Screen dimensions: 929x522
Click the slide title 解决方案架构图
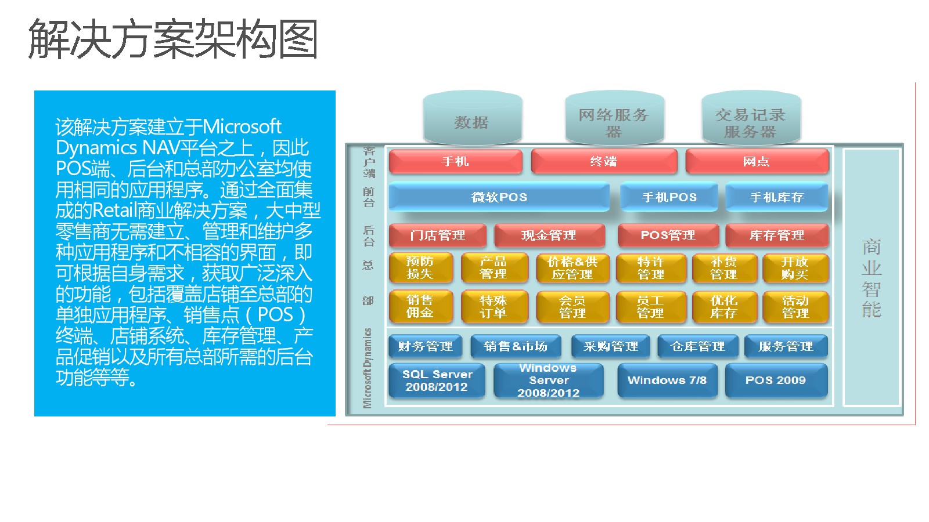(x=172, y=39)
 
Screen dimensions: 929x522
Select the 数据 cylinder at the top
(x=473, y=118)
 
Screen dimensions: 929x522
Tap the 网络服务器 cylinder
(x=615, y=118)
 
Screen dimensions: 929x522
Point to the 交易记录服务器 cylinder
(x=751, y=118)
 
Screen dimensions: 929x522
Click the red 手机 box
(x=455, y=161)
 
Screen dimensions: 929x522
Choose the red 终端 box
(x=604, y=161)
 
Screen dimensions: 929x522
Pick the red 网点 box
(x=757, y=161)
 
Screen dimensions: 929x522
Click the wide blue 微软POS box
(x=499, y=197)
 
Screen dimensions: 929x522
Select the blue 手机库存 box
(x=777, y=197)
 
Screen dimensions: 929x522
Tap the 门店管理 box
(x=438, y=235)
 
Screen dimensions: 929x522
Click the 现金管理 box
(x=549, y=235)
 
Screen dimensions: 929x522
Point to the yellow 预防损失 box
(x=420, y=268)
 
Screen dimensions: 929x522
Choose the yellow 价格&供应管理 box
(x=572, y=268)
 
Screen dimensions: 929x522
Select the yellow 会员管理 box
(x=572, y=307)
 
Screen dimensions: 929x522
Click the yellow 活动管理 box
(x=795, y=307)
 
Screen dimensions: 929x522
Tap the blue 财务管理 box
(x=425, y=346)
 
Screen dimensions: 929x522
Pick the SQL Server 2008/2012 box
(x=437, y=380)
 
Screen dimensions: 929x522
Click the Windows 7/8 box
(x=667, y=380)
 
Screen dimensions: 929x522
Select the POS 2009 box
(x=776, y=380)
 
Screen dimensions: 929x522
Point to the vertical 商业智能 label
(x=872, y=278)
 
